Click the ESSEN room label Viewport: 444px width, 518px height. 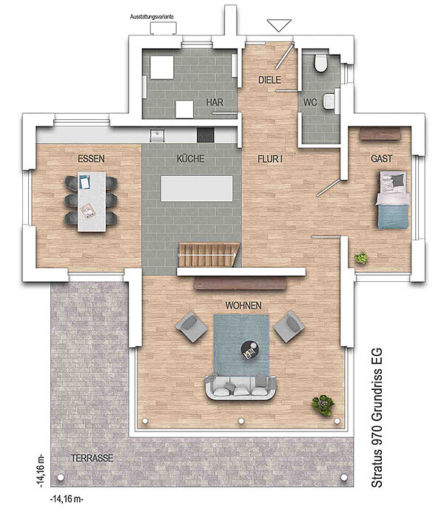click(91, 158)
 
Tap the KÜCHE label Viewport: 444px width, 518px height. click(191, 158)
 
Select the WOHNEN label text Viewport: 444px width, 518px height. click(243, 306)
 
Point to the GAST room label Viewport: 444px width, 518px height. click(382, 158)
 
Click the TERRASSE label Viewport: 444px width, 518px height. click(92, 458)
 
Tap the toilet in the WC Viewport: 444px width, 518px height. click(320, 63)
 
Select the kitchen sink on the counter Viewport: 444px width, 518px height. click(158, 135)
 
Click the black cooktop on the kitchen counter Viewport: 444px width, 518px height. click(206, 135)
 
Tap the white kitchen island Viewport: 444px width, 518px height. click(197, 188)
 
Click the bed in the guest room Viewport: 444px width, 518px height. click(392, 200)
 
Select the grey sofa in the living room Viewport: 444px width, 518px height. click(241, 387)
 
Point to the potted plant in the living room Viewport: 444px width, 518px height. click(323, 406)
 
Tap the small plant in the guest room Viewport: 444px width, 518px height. click(361, 258)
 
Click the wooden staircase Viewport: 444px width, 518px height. click(208, 255)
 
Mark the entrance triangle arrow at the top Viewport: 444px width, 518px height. click(279, 25)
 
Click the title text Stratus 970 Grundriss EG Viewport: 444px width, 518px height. click(377, 418)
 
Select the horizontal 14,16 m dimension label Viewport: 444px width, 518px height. click(67, 499)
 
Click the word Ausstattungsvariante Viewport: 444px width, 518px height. click(152, 16)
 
